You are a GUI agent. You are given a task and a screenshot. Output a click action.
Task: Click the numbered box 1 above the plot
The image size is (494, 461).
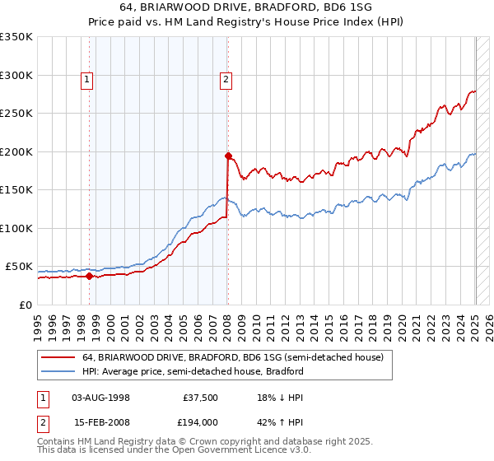[x=86, y=80]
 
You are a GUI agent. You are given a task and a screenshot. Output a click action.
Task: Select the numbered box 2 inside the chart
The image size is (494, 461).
[x=226, y=80]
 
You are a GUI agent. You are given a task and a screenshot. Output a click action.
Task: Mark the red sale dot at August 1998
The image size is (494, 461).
[x=89, y=276]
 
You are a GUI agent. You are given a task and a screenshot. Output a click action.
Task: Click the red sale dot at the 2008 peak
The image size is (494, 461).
[x=228, y=155]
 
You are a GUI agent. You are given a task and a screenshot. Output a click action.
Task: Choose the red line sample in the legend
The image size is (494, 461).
[x=57, y=358]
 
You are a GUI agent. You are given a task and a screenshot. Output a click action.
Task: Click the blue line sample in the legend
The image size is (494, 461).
[x=57, y=371]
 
